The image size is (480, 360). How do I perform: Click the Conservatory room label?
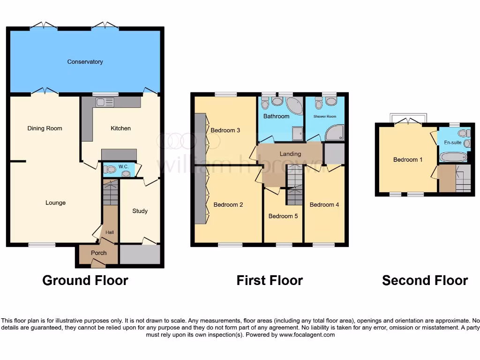[x=85, y=62]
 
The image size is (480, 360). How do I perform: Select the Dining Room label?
[x=45, y=128]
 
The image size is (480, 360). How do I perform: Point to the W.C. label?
[x=123, y=166]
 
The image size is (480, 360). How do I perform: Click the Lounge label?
[x=55, y=203]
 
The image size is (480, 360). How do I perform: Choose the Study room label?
[x=140, y=211]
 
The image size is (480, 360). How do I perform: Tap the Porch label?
[x=98, y=253]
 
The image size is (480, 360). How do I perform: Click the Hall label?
[x=109, y=232]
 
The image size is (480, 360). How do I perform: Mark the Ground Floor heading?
[x=85, y=280]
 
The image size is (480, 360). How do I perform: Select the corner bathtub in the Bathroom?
[x=294, y=106]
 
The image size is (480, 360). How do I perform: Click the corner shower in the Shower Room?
[x=335, y=133]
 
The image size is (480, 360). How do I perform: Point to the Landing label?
[x=290, y=154]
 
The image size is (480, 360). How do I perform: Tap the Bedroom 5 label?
[x=283, y=216]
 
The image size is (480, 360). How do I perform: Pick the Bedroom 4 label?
[x=324, y=205]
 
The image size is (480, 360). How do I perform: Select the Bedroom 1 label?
[x=408, y=160]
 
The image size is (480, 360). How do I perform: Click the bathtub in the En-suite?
[x=453, y=157]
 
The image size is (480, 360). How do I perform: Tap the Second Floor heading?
[x=425, y=280]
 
